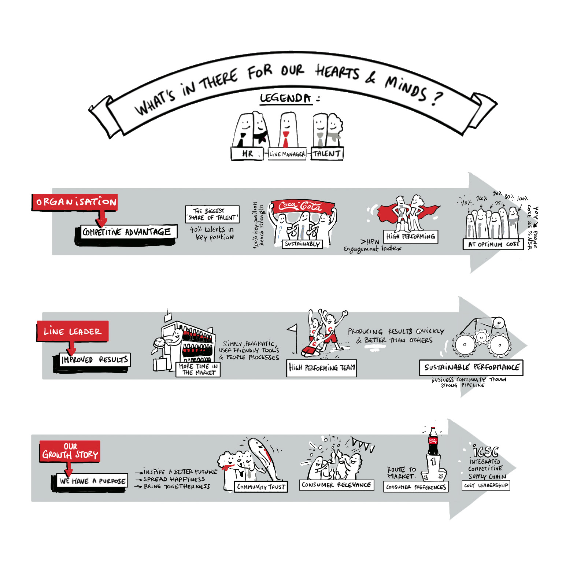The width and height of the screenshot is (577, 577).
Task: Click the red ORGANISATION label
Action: (75, 202)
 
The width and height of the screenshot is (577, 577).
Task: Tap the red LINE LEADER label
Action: (73, 332)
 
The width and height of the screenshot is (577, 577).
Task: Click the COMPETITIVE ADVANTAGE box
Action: (127, 232)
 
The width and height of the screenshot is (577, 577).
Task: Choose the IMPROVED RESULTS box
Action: (95, 360)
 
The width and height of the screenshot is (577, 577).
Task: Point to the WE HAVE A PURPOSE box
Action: (92, 481)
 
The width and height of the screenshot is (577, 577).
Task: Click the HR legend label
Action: (247, 154)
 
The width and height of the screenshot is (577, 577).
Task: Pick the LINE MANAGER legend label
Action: (287, 154)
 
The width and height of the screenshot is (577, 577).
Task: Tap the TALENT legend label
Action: (327, 154)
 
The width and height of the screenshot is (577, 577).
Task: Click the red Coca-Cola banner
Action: (302, 207)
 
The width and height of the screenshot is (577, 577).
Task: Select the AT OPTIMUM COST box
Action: (493, 244)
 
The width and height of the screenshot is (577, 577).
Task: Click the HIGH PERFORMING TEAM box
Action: (322, 367)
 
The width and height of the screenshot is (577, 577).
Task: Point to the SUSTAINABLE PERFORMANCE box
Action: (471, 367)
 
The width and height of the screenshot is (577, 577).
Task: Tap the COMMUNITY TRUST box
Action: (261, 487)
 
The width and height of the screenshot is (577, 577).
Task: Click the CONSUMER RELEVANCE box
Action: (336, 485)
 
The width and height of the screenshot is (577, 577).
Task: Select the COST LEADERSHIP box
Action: (486, 485)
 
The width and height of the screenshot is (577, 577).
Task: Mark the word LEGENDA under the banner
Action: (286, 98)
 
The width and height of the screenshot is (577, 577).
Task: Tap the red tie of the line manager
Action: (286, 140)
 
